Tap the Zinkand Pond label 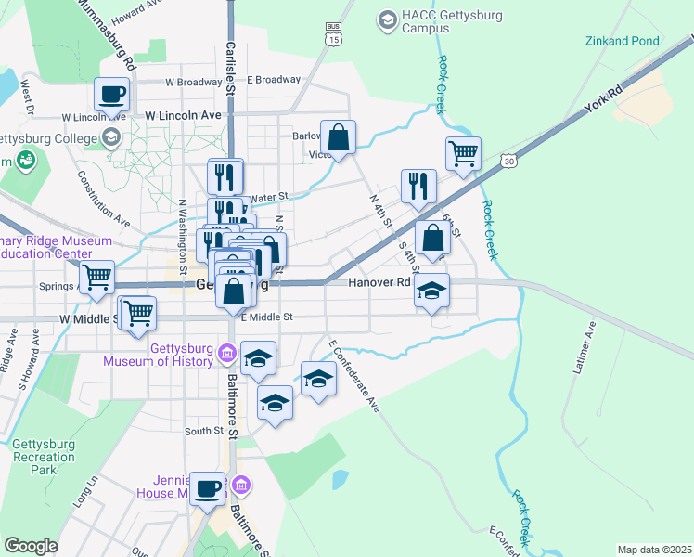(622, 41)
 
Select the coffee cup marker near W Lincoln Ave (112, 94)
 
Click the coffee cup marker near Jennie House (207, 487)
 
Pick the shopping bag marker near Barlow (339, 137)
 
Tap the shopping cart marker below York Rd (463, 153)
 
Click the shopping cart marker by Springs (96, 277)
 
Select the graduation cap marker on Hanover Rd (431, 291)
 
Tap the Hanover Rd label (379, 282)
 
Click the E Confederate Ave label (353, 375)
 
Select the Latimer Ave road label (582, 348)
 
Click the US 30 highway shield (509, 162)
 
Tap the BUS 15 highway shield (333, 35)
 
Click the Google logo (31, 546)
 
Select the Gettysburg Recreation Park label (43, 458)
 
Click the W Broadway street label (194, 82)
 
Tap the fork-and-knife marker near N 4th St (418, 186)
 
